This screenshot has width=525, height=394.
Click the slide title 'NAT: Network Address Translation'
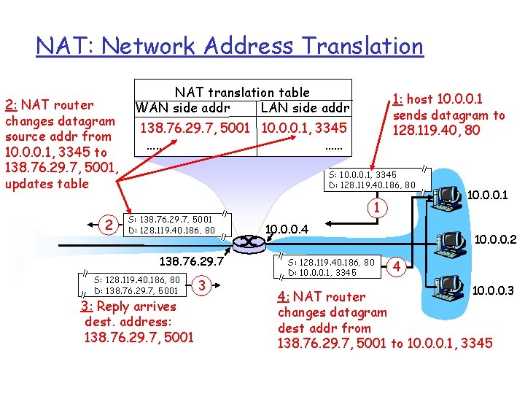(x=230, y=47)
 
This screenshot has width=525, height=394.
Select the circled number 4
(x=397, y=266)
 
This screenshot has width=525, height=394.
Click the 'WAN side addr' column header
(x=182, y=108)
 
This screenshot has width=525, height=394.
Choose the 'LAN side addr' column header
(x=305, y=108)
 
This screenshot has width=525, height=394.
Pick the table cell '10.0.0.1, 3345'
(x=304, y=128)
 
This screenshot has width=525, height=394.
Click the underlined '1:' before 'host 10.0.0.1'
(x=397, y=99)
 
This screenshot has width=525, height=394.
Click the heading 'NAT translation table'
(x=242, y=92)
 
